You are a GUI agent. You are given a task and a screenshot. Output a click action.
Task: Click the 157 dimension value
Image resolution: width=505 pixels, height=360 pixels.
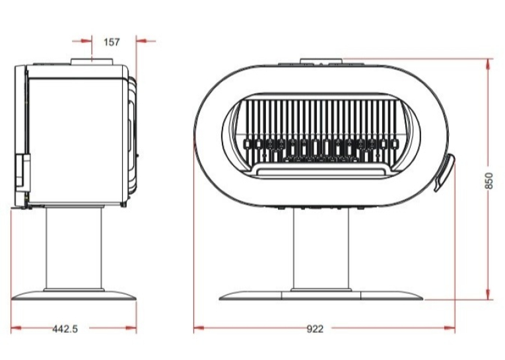coord(112,42)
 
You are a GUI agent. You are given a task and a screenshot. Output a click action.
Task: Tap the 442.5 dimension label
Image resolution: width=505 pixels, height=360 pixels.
coord(65,329)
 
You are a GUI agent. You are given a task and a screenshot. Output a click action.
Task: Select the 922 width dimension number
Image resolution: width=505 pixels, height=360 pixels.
coord(315,329)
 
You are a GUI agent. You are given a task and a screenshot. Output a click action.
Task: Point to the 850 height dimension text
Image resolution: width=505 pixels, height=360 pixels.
coord(488,181)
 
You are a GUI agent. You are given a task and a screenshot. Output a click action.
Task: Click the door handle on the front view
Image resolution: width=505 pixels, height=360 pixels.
coord(445,172)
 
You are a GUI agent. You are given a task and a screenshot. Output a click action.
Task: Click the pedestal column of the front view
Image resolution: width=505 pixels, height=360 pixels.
coord(321,250)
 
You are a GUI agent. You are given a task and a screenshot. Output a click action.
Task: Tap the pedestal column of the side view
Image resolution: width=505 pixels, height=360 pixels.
coord(74,248)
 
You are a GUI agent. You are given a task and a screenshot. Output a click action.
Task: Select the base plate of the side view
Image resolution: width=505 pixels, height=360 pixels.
coord(74,295)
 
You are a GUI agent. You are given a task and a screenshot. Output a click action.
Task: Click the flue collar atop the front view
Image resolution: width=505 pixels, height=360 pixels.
coord(321,61)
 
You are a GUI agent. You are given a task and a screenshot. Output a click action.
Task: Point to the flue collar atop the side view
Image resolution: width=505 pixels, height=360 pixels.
coord(92,61)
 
